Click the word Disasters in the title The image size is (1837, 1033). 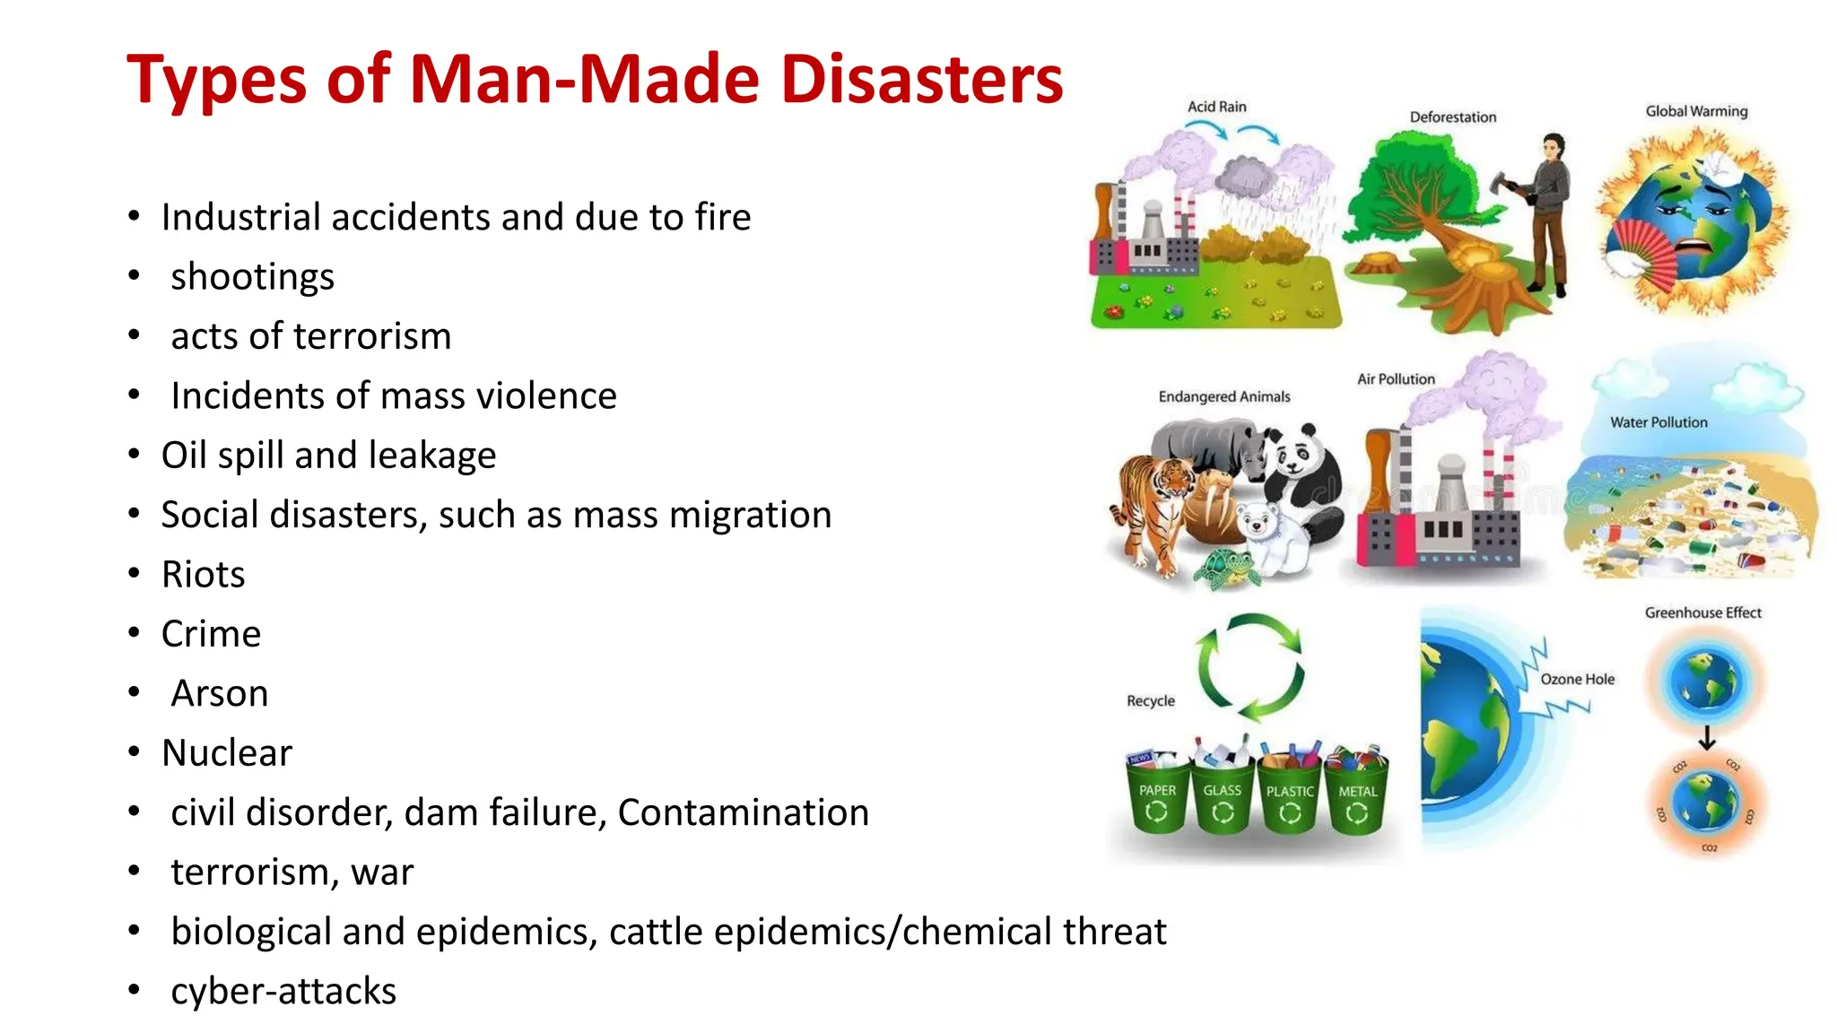tap(921, 79)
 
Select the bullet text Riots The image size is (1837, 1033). tap(203, 574)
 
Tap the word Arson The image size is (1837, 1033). tap(220, 693)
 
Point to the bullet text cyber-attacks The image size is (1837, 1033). tap(283, 991)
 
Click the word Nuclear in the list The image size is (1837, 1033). tap(227, 752)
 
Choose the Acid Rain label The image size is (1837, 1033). tap(1216, 107)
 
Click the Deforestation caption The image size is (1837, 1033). tap(1452, 117)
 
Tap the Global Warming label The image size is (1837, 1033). tap(1695, 111)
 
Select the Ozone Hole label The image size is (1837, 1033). tap(1577, 679)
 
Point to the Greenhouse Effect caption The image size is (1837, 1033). tap(1702, 612)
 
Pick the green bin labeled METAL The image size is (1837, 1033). tap(1357, 795)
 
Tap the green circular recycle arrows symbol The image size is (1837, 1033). tap(1250, 667)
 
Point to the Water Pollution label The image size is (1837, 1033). tap(1659, 422)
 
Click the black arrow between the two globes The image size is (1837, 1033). tap(1707, 738)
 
